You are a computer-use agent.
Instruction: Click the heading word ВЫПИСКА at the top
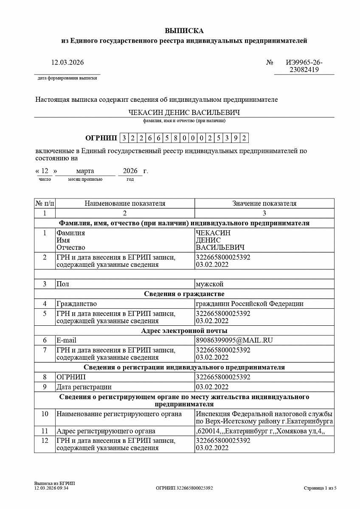pyautogui.click(x=184, y=31)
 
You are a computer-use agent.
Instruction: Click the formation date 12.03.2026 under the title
pyautogui.click(x=67, y=62)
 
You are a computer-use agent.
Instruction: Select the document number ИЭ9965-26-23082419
pyautogui.click(x=304, y=66)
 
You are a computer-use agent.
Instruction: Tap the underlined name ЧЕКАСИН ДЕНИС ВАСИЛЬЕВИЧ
pyautogui.click(x=184, y=113)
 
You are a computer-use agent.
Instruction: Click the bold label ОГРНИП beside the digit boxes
pyautogui.click(x=101, y=138)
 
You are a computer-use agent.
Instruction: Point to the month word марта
pyautogui.click(x=85, y=171)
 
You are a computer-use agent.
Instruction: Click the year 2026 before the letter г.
pyautogui.click(x=130, y=171)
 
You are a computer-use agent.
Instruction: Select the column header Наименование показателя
pyautogui.click(x=125, y=204)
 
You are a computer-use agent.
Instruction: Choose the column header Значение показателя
pyautogui.click(x=264, y=204)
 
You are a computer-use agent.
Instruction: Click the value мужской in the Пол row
pyautogui.click(x=209, y=284)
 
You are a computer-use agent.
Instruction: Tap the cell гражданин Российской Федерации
pyautogui.click(x=249, y=304)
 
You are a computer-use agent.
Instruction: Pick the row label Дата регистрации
pyautogui.click(x=84, y=387)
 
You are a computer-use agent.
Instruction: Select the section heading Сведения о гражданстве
pyautogui.click(x=184, y=294)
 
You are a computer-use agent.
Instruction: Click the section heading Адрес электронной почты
pyautogui.click(x=184, y=330)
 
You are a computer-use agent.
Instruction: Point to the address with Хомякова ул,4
pyautogui.click(x=260, y=431)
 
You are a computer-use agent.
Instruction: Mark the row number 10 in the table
pyautogui.click(x=45, y=414)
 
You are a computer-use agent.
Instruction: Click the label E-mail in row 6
pyautogui.click(x=66, y=340)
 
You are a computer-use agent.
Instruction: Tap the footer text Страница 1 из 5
pyautogui.click(x=320, y=488)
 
